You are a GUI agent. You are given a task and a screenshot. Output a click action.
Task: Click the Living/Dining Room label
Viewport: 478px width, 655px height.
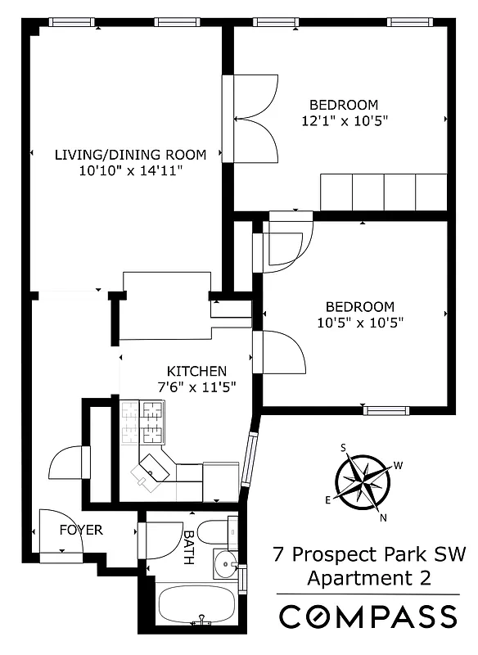coord(130,154)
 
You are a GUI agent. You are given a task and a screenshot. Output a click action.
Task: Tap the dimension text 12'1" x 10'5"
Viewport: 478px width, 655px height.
coord(343,120)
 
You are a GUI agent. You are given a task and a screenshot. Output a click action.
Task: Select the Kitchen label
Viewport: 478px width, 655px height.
coord(196,371)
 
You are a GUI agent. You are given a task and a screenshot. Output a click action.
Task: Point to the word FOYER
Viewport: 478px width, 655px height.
coord(82,530)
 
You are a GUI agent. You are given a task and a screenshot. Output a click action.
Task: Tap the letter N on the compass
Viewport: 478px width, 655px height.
coord(382,517)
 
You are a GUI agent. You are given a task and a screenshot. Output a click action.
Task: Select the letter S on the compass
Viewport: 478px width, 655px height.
coord(345,446)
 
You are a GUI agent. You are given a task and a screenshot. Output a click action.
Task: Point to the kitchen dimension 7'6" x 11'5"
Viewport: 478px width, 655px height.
coord(196,387)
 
